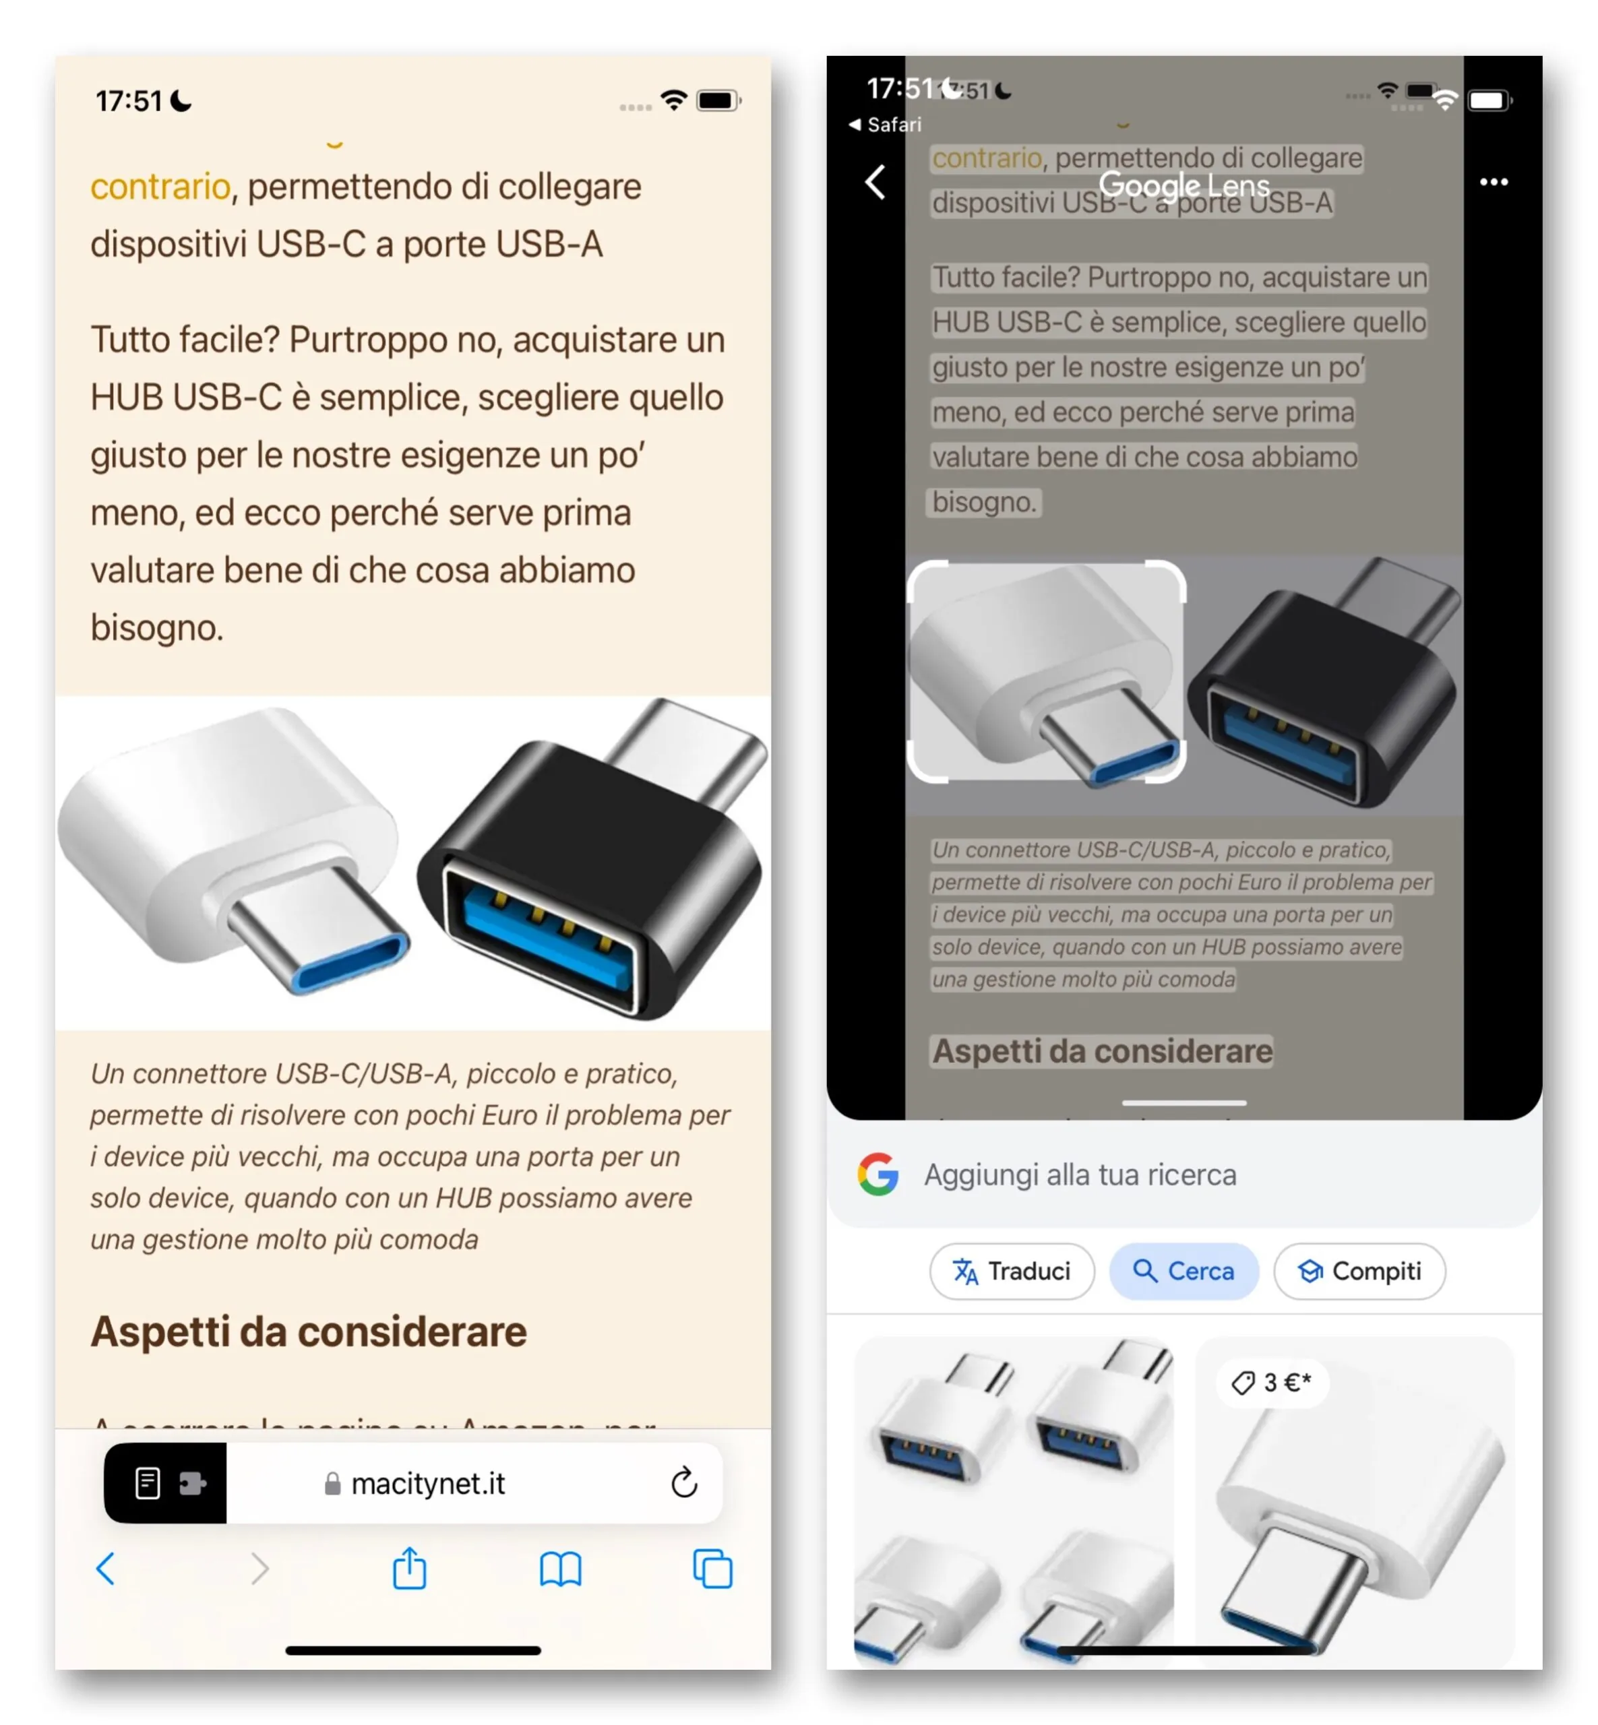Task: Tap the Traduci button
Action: point(1011,1270)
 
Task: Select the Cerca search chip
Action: point(1183,1270)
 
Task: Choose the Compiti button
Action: point(1359,1270)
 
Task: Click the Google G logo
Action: point(878,1174)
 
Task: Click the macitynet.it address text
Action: point(427,1483)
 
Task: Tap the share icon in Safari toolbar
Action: point(409,1567)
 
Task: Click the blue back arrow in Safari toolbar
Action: point(106,1567)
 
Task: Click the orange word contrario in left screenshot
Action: point(160,187)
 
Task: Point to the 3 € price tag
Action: point(1273,1382)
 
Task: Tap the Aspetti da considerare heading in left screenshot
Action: point(309,1331)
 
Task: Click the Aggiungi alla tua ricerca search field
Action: point(1080,1174)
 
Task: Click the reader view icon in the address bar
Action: point(148,1483)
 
